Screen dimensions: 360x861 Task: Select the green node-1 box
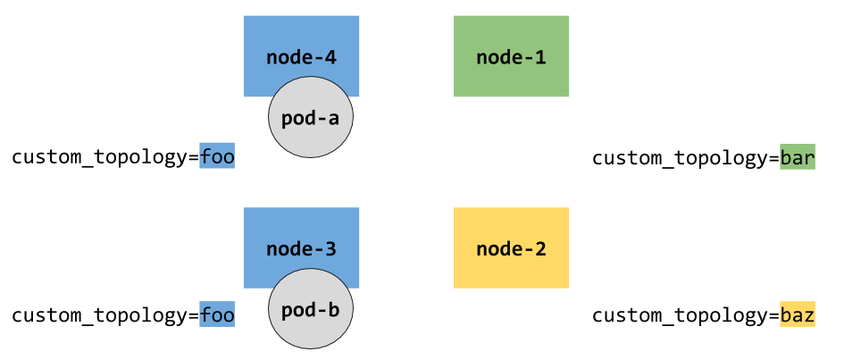[x=511, y=55]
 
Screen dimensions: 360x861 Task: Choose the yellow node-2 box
[x=511, y=247]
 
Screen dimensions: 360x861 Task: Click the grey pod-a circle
[x=310, y=119]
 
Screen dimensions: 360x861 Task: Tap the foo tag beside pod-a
[x=217, y=157]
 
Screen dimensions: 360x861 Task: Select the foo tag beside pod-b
[x=217, y=314]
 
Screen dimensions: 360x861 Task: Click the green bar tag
[x=798, y=157]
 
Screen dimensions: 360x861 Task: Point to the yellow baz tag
[x=798, y=314]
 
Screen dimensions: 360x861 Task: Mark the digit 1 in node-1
[x=540, y=58]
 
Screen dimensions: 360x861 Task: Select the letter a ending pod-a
[x=334, y=120]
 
